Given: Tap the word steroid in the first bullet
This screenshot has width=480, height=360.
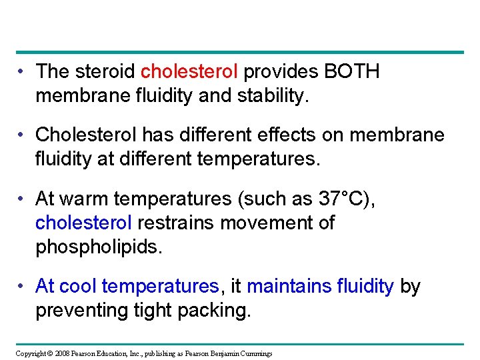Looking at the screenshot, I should pos(108,72).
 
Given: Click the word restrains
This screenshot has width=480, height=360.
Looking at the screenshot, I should pos(176,223).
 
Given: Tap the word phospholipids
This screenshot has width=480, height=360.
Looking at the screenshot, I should pos(98,247).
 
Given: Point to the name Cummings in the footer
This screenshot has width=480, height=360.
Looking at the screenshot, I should pos(255,353).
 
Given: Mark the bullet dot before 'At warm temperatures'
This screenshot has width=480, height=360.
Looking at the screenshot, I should pos(23,199).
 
